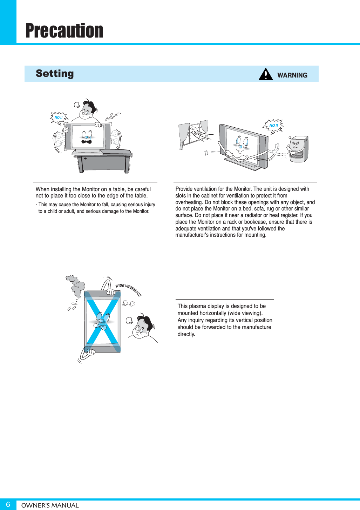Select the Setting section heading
pos(55,73)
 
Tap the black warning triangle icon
pos(266,74)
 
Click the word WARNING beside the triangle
pos(292,75)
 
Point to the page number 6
pos(8,504)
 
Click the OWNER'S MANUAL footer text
pos(50,505)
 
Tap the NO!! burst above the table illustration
pos(59,118)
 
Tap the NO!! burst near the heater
pos(273,126)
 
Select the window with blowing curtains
pos(194,134)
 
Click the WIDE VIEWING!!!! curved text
pos(128,290)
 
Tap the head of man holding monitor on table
pos(87,110)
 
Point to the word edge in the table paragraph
pos(117,196)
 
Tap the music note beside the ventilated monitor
pos(206,153)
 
